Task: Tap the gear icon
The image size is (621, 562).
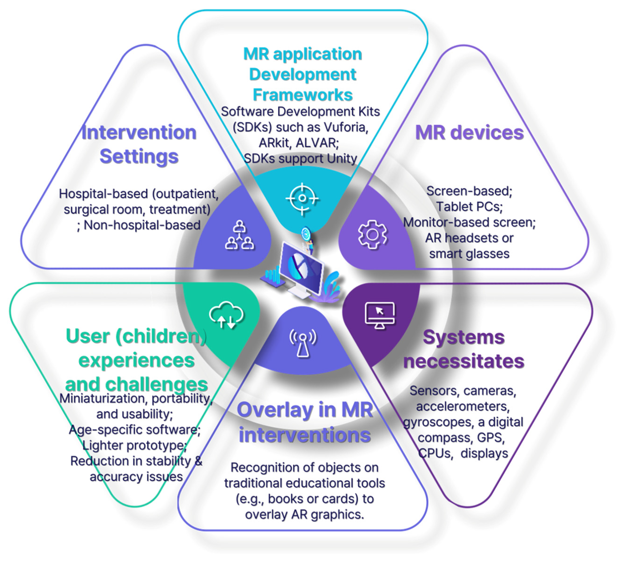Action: [372, 235]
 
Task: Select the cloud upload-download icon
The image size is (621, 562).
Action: [226, 315]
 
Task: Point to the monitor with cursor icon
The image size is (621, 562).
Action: [379, 315]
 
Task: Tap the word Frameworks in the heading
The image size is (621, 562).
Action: [303, 95]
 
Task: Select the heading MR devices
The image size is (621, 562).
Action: [469, 133]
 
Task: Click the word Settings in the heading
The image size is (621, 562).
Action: [139, 156]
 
